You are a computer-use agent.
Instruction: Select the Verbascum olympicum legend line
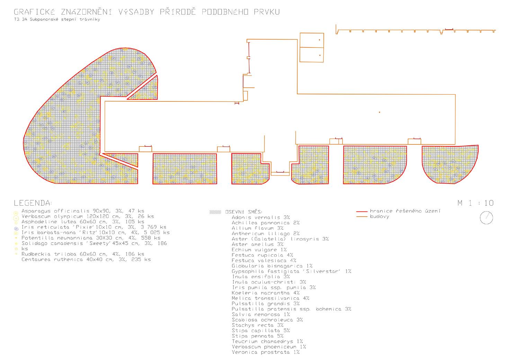88,216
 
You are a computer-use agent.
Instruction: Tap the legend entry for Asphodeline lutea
83,222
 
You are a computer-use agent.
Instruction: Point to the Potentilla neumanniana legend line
91,238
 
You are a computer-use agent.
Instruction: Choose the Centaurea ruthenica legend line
86,259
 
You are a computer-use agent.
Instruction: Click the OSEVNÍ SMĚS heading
244,212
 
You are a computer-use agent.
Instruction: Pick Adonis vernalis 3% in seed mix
261,217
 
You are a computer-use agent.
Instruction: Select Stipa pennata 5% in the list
258,336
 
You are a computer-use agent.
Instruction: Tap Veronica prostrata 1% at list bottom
266,352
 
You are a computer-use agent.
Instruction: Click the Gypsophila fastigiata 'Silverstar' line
291,271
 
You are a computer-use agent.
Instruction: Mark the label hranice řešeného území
405,211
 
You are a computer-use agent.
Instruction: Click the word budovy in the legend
379,217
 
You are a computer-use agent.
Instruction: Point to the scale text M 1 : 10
475,203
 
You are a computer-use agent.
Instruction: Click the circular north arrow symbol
487,217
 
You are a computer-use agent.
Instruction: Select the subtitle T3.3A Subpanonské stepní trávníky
55,20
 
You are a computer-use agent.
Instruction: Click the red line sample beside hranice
361,211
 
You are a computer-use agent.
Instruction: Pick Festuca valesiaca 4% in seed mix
264,261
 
